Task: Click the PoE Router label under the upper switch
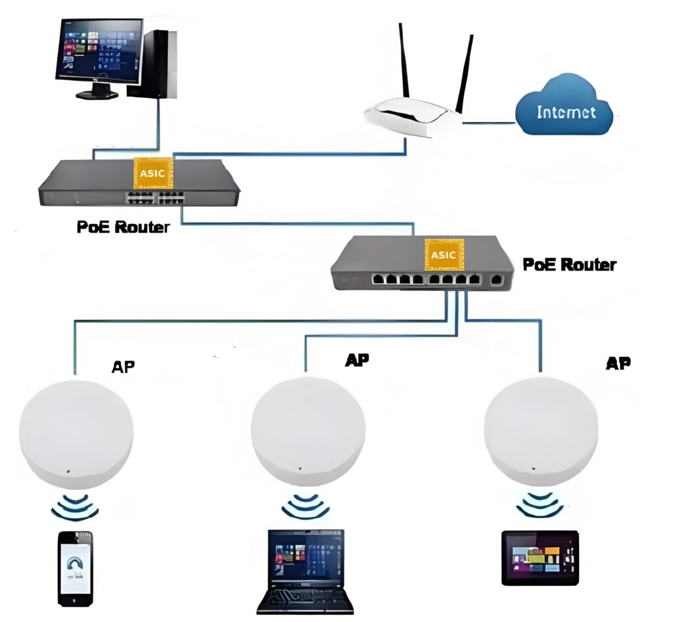[122, 227]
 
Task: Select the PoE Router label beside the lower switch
[569, 265]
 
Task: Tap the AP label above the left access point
[124, 367]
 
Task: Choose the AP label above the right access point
[617, 363]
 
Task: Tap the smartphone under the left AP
[75, 568]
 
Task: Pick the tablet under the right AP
[540, 557]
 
